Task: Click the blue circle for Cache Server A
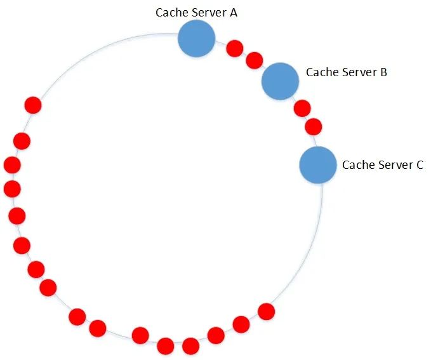click(196, 39)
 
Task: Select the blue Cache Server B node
click(280, 81)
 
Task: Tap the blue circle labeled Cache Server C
click(318, 164)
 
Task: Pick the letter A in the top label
click(234, 13)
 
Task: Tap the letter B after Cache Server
click(383, 72)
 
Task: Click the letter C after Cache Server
click(420, 165)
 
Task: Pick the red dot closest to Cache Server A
click(235, 48)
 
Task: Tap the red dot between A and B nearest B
click(255, 60)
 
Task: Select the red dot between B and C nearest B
click(302, 108)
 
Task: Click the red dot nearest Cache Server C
click(314, 127)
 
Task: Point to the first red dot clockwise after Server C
click(267, 312)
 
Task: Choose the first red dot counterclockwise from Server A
click(33, 105)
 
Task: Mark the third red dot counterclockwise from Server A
click(12, 165)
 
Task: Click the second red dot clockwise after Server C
click(241, 324)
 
